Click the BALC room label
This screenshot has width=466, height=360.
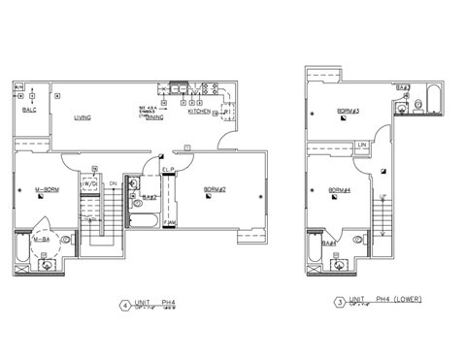click(x=30, y=111)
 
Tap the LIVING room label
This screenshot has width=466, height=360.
click(x=83, y=117)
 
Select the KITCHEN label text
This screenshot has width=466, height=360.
click(x=198, y=112)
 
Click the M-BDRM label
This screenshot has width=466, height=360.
click(x=47, y=189)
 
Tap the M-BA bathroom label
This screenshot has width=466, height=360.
click(x=42, y=239)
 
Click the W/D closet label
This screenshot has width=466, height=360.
click(x=89, y=182)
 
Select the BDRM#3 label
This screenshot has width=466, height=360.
click(x=349, y=112)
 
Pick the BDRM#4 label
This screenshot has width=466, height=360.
click(x=339, y=189)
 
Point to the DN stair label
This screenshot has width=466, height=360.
click(x=113, y=182)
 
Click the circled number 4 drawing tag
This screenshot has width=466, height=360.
click(x=124, y=305)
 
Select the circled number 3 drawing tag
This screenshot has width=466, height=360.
click(x=339, y=303)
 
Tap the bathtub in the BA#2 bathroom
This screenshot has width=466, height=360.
click(x=148, y=222)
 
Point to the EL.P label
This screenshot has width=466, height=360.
click(x=167, y=171)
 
